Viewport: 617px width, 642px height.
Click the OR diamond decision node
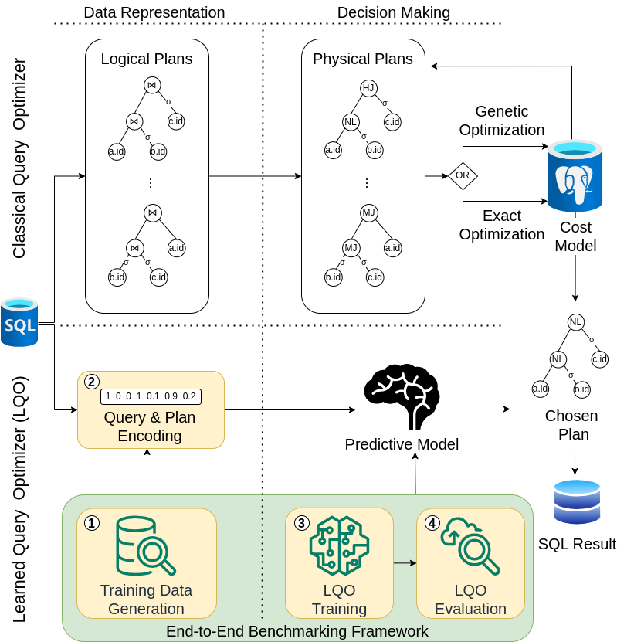click(x=463, y=175)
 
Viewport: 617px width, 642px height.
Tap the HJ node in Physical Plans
click(x=368, y=87)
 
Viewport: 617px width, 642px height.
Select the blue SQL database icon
click(x=20, y=321)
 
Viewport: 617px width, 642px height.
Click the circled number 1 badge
click(x=92, y=523)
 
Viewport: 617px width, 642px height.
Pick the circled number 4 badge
click(x=432, y=523)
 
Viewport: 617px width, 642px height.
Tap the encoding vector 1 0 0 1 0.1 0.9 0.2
click(x=151, y=396)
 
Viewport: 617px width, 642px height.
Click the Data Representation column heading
click(x=154, y=12)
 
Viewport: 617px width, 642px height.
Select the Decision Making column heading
click(x=393, y=12)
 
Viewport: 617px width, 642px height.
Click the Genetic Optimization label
click(x=502, y=121)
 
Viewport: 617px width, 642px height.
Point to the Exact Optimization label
click(x=502, y=225)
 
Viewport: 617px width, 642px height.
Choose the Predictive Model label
click(x=402, y=444)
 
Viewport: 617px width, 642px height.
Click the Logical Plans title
click(x=147, y=59)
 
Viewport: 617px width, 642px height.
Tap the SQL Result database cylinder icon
click(x=577, y=502)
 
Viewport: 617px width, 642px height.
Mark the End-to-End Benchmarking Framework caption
click(x=297, y=631)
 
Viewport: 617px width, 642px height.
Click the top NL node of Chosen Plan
click(x=575, y=321)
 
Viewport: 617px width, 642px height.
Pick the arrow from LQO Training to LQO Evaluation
click(x=405, y=562)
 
